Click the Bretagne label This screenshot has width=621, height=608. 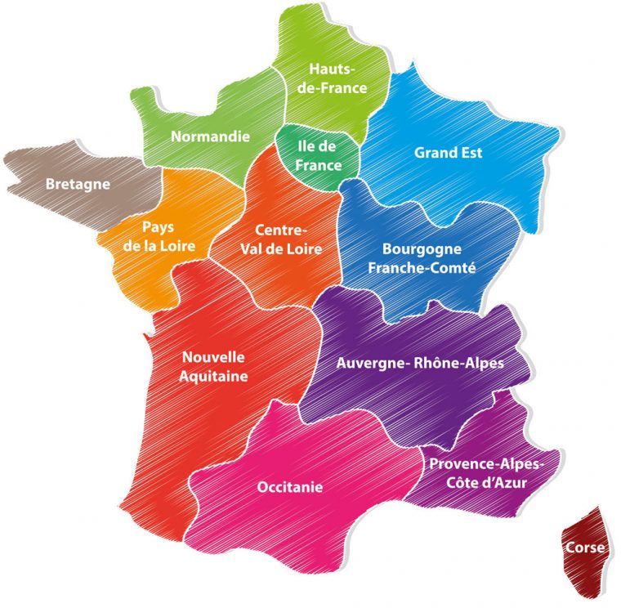point(78,184)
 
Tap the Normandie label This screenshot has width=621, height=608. point(210,136)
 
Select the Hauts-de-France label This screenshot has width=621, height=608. point(332,79)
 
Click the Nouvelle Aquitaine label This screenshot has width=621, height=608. point(214,367)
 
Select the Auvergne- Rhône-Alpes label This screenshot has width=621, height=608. point(420,362)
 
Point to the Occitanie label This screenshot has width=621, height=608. point(290,487)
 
